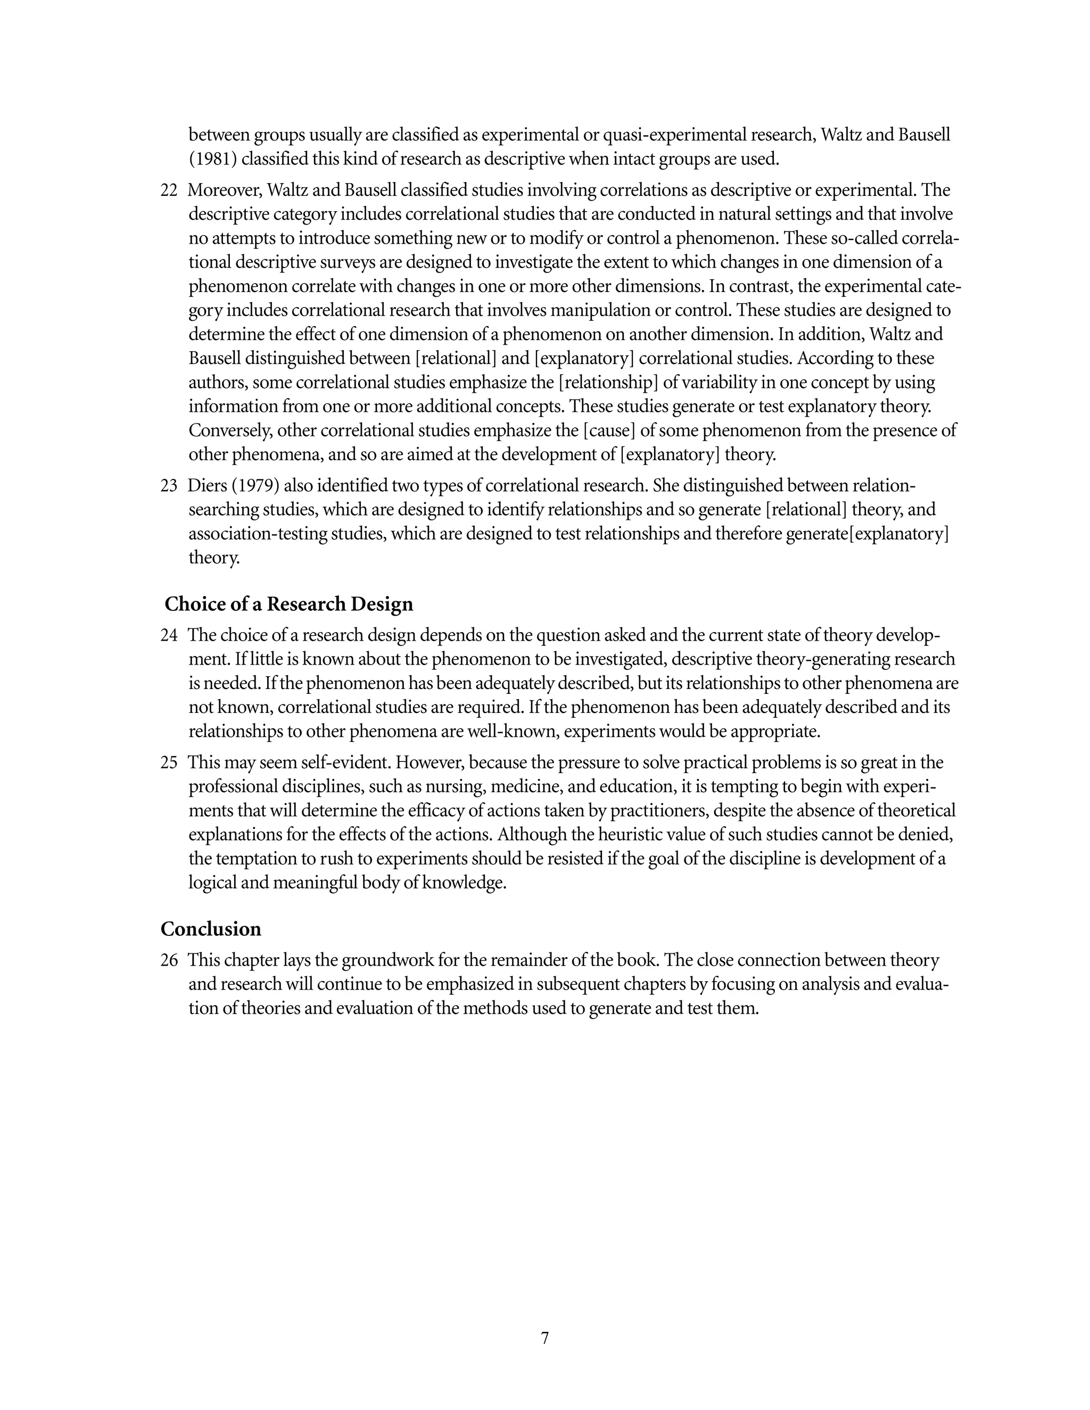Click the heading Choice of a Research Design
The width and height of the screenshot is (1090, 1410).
288,604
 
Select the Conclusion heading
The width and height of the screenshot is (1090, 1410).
211,929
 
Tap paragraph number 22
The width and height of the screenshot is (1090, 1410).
169,190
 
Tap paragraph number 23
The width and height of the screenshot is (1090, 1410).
169,485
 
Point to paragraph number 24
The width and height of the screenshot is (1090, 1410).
169,635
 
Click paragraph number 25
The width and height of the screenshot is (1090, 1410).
169,762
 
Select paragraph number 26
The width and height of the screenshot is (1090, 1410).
169,960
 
